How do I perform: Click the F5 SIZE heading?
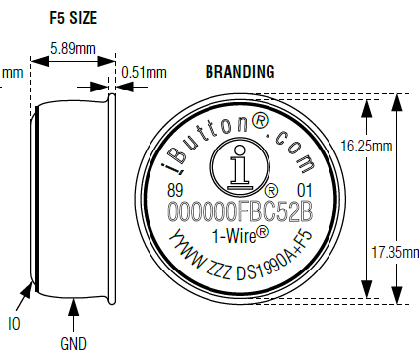74,18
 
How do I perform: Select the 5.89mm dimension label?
73,48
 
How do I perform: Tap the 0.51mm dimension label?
144,72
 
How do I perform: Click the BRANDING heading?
240,72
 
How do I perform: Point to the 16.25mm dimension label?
367,146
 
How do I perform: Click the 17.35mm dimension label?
395,252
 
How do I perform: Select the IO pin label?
14,324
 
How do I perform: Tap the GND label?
73,344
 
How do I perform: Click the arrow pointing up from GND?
73,316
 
